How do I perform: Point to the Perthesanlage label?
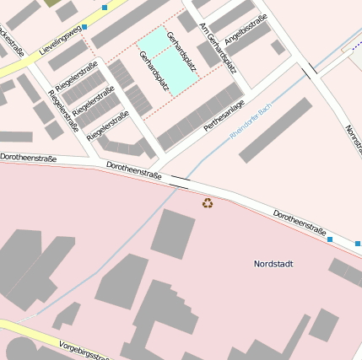(224, 116)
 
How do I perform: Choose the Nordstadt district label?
(273, 264)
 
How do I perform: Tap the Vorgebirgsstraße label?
(84, 350)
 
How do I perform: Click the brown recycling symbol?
(208, 202)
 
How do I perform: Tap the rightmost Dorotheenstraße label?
(300, 222)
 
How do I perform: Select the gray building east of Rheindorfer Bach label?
(275, 130)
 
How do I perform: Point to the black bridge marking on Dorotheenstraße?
(179, 181)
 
